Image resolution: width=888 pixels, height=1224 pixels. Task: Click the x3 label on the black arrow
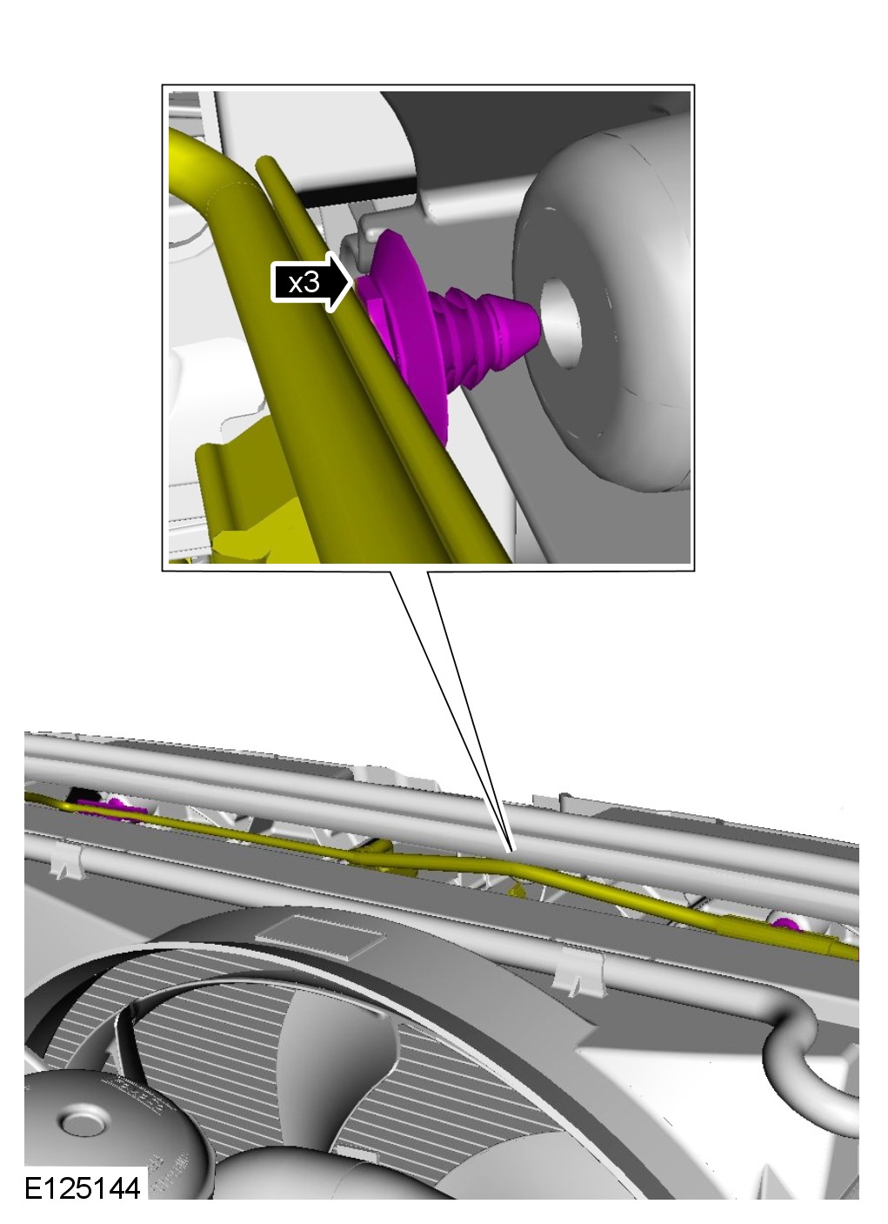[x=304, y=282]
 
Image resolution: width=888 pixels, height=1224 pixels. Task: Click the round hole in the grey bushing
[x=560, y=323]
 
